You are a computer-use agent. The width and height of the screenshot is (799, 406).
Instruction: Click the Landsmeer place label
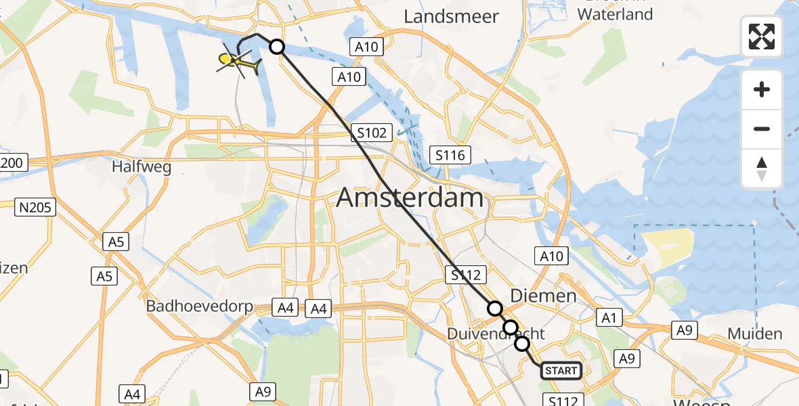click(451, 16)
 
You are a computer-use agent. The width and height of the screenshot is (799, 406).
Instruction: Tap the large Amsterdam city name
click(410, 198)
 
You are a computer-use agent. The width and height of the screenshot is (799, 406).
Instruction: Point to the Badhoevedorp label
click(200, 307)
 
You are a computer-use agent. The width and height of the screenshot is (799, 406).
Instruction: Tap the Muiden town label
click(755, 334)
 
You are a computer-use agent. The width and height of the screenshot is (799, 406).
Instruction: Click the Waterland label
click(616, 14)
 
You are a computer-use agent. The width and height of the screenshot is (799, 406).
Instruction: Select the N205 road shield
click(35, 207)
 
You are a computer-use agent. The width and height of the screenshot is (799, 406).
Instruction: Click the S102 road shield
click(371, 133)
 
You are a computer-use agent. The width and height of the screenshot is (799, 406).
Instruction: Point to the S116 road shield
click(450, 156)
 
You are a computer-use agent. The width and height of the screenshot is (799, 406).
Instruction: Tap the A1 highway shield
click(607, 317)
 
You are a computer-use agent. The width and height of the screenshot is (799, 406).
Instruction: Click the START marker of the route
click(561, 370)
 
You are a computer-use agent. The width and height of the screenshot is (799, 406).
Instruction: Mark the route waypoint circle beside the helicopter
click(277, 46)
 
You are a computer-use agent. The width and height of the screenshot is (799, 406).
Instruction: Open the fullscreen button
click(762, 37)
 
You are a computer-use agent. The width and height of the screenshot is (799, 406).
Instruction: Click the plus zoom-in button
click(762, 89)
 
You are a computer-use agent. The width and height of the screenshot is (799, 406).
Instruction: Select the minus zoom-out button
click(762, 129)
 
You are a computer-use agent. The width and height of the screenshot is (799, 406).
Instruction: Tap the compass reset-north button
click(762, 168)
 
